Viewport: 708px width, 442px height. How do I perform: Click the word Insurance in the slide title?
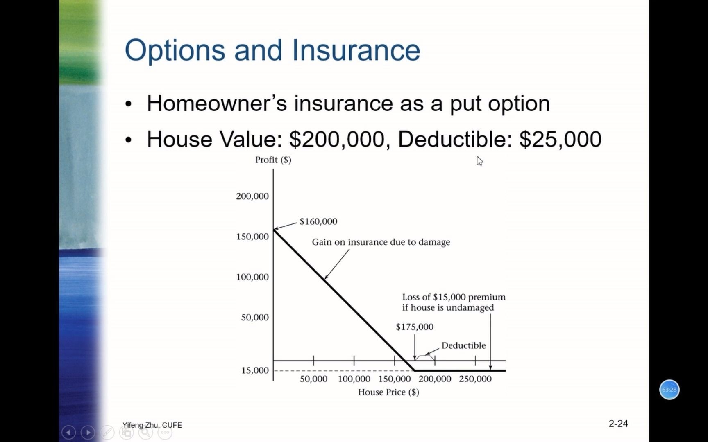[356, 50]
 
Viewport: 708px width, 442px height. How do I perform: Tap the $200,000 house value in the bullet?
[337, 139]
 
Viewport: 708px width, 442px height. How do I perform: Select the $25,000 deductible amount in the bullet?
[560, 139]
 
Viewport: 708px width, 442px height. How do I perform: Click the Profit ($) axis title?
[273, 160]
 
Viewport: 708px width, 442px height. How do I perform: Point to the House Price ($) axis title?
[388, 392]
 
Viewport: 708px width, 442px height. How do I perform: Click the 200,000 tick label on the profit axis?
[252, 196]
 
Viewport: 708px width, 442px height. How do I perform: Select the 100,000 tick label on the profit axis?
[252, 277]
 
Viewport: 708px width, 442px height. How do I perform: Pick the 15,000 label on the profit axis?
[255, 370]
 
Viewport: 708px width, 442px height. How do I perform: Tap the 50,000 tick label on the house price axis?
[313, 379]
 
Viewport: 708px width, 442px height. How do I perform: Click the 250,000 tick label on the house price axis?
[475, 379]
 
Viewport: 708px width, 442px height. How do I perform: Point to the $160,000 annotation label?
[318, 221]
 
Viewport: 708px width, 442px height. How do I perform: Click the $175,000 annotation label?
[415, 327]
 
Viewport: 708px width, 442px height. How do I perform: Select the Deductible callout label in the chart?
[463, 345]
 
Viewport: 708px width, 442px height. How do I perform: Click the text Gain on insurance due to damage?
[381, 242]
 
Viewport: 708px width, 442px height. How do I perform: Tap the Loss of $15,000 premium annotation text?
[454, 297]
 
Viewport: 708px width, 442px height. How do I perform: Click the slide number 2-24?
[618, 424]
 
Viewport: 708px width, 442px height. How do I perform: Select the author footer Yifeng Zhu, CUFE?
[152, 425]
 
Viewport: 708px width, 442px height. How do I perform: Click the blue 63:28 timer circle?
[669, 390]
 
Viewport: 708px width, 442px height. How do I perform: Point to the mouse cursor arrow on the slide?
[480, 161]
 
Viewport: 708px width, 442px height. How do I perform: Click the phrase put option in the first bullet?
[500, 104]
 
